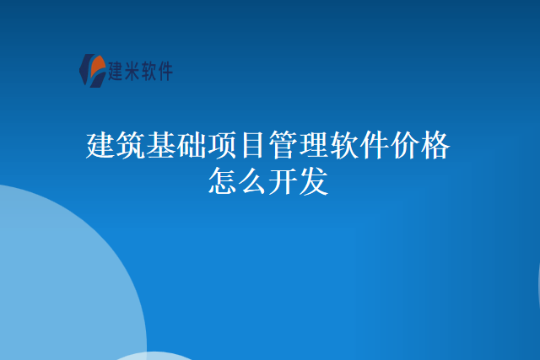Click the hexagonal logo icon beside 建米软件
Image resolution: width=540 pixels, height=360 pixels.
92,69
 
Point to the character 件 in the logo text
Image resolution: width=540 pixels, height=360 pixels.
163,71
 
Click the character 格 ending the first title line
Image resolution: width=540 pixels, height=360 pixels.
435,145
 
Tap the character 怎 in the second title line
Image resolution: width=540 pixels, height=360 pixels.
223,180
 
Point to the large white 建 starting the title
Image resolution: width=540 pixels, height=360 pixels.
101,145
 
